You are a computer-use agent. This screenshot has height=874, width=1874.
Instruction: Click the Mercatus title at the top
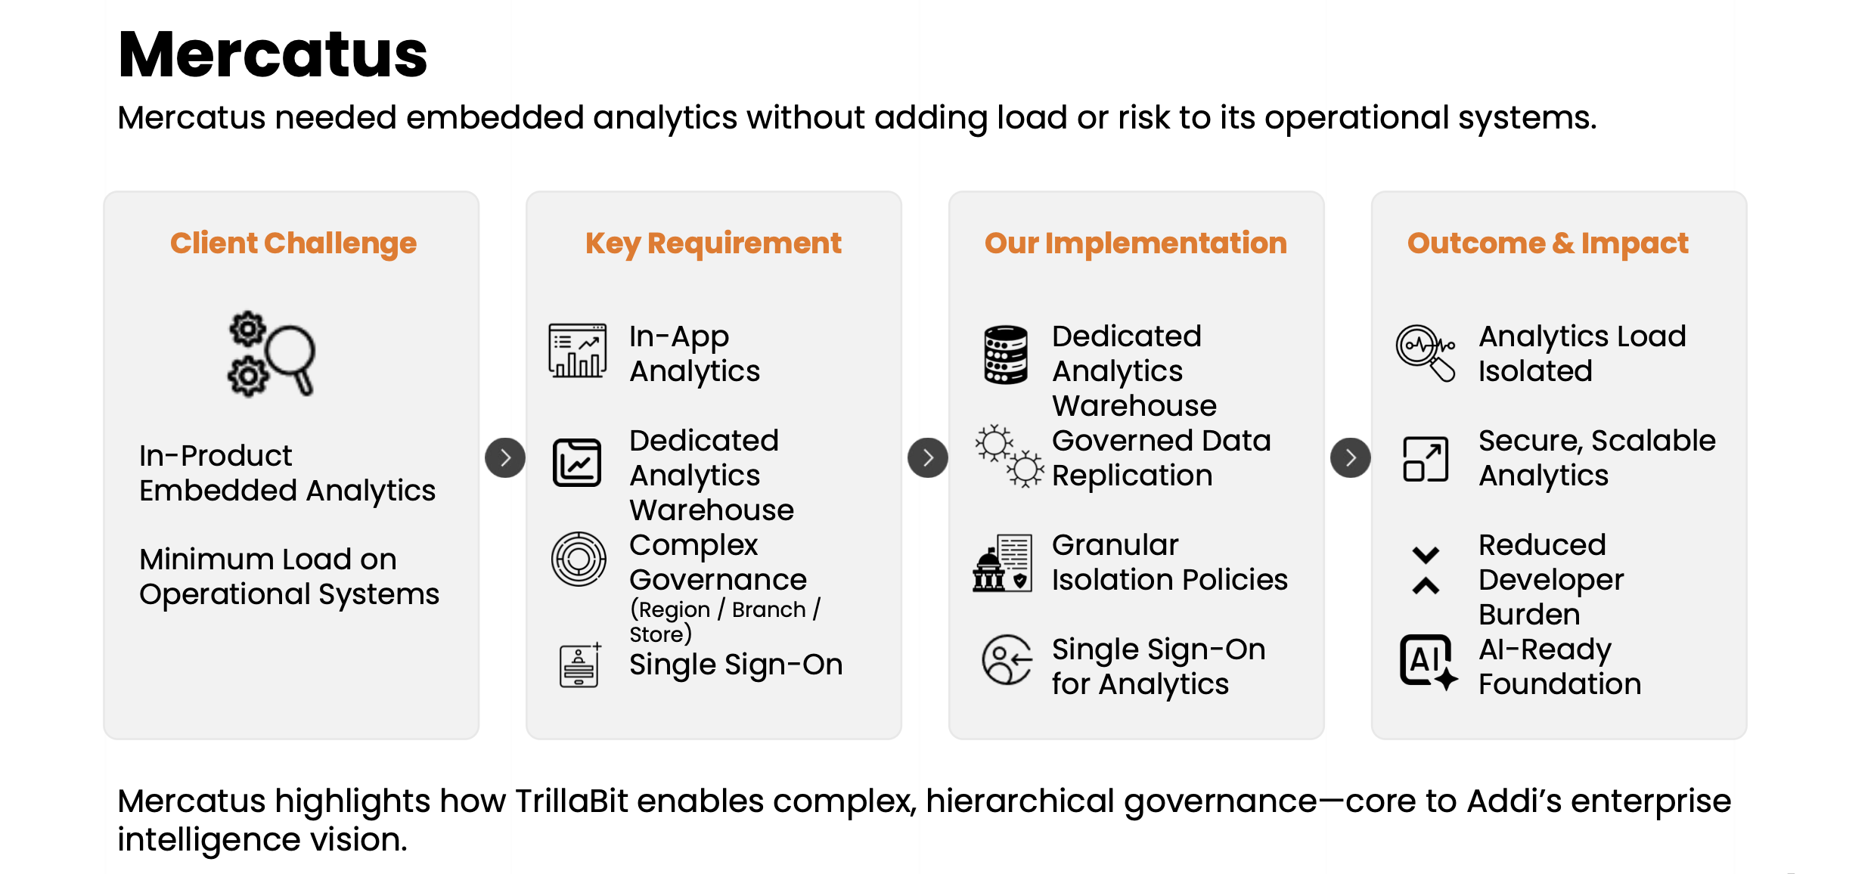[273, 54]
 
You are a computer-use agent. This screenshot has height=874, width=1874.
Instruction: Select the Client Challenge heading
[293, 243]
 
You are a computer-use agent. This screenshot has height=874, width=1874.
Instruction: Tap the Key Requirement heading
[713, 243]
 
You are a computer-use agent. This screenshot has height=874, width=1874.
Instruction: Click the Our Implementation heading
[1135, 243]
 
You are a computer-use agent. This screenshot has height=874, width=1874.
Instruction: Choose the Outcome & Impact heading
[1547, 243]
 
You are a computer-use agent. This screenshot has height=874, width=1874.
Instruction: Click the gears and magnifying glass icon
[271, 354]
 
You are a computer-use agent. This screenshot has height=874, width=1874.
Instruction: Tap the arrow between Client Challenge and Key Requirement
[505, 457]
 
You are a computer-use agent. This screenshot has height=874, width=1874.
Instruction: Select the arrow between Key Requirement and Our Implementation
[928, 457]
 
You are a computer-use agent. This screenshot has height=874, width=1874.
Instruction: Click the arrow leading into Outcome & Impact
[1351, 457]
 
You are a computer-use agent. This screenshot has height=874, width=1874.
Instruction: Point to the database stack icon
[1006, 355]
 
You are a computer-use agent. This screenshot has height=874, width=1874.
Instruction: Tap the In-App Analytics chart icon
[578, 350]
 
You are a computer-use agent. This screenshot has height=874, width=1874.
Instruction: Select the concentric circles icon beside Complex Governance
[579, 559]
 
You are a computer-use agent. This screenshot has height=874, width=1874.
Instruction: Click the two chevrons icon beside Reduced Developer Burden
[1426, 570]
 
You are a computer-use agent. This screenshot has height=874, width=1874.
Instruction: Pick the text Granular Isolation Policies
[1170, 562]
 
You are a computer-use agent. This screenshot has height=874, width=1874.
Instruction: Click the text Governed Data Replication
[1162, 457]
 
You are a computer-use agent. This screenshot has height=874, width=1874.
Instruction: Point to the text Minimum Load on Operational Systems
[289, 576]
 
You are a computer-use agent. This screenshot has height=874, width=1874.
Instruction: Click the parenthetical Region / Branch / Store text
[725, 621]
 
